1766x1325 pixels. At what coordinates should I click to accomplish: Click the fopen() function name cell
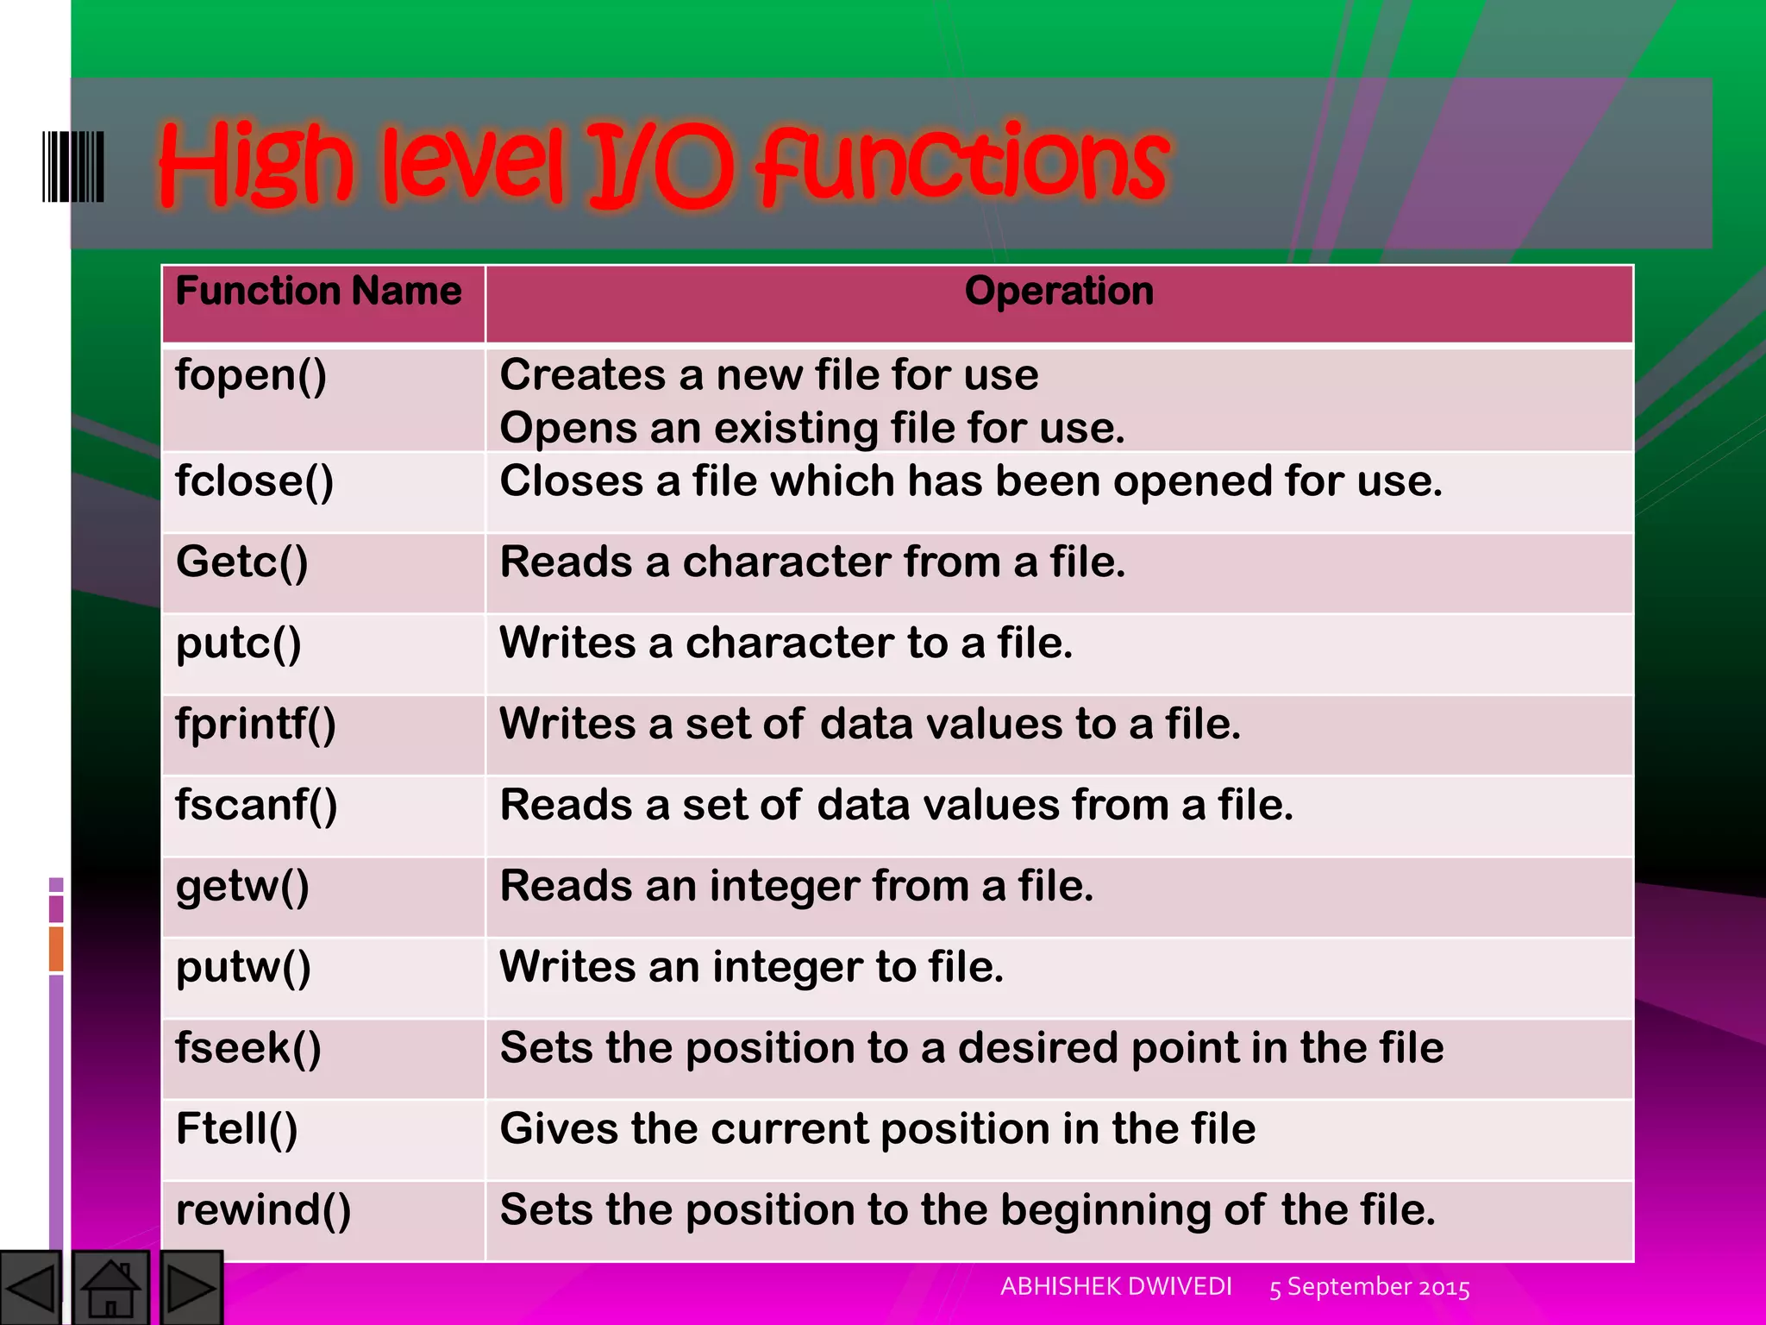tap(251, 377)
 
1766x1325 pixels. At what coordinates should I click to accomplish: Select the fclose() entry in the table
tap(254, 481)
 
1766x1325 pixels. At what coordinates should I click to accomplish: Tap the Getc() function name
tap(241, 562)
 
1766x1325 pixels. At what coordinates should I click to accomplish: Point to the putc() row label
tap(239, 644)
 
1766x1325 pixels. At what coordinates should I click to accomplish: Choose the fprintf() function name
tap(255, 724)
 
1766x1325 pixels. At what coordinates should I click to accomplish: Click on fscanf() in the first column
tap(256, 805)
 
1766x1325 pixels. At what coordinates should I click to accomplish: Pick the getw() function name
tap(242, 887)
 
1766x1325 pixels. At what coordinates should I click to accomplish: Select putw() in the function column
tap(243, 967)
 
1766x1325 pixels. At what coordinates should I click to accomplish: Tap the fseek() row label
tap(248, 1048)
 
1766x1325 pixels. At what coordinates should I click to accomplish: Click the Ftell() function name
tap(237, 1129)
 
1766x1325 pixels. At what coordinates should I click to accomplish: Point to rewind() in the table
tap(264, 1210)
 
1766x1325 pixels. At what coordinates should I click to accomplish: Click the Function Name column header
tap(318, 292)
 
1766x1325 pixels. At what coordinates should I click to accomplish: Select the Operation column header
tap(1059, 292)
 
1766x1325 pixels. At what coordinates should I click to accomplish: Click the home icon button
tap(110, 1288)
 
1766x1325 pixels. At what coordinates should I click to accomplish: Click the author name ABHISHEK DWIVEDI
tap(1116, 1286)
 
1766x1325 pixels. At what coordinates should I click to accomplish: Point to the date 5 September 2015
tap(1369, 1287)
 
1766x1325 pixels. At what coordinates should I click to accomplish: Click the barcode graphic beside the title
tap(73, 166)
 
